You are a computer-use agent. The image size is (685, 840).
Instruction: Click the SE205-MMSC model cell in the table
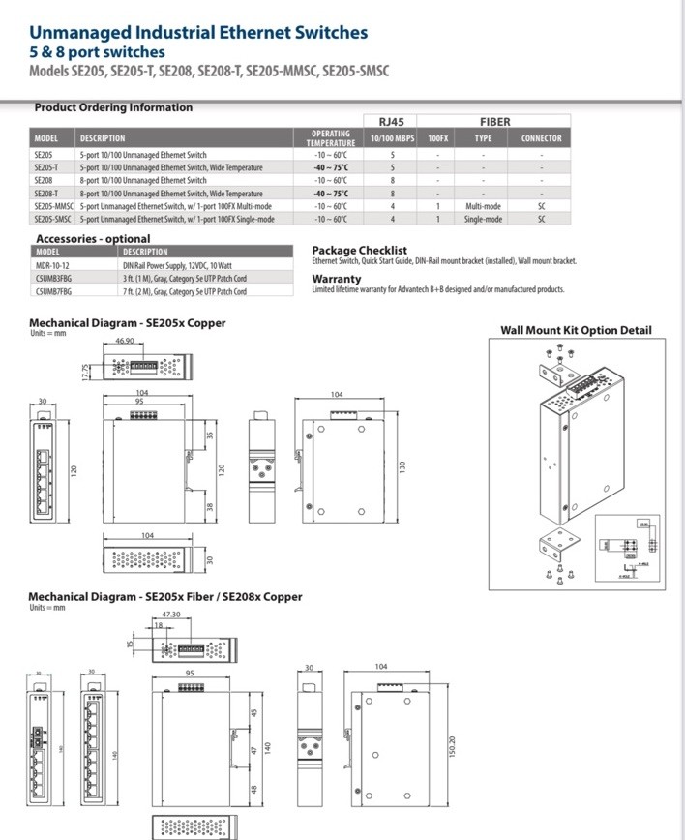(54, 206)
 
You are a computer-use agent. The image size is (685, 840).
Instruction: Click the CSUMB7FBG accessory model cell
(54, 291)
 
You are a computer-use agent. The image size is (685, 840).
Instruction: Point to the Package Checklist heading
(359, 250)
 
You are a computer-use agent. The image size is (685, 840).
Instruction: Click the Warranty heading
(336, 279)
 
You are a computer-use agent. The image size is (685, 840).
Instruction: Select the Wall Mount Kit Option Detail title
(576, 330)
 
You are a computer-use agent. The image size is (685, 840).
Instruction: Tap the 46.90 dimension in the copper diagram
(125, 342)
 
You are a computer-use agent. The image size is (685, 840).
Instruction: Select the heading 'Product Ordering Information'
(113, 107)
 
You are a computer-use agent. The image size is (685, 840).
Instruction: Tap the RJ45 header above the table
(391, 122)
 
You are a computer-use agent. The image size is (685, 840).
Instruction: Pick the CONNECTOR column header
(541, 138)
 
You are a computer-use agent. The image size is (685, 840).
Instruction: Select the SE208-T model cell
(47, 194)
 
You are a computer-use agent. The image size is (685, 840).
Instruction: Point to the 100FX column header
(438, 138)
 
